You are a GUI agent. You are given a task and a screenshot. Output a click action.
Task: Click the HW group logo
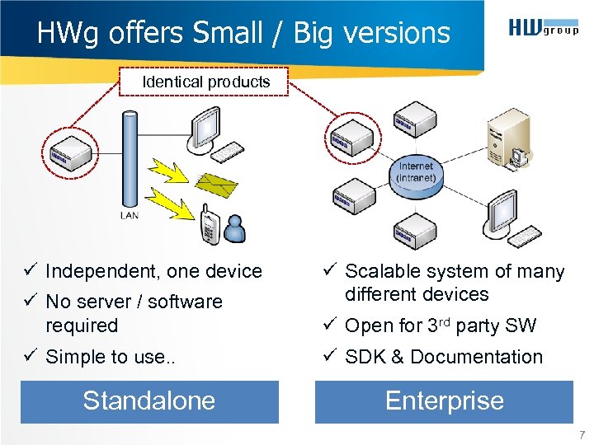coord(542,30)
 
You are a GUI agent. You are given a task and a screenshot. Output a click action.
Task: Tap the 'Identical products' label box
coord(205,82)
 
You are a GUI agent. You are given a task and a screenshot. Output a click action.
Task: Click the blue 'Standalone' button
coord(149,401)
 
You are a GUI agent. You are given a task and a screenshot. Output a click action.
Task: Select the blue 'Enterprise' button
coord(444,401)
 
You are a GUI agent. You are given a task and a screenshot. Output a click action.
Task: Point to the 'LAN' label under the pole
coord(130,216)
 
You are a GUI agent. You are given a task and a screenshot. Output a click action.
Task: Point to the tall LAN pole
coord(129,157)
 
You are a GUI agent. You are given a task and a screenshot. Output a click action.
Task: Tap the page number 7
coord(582,434)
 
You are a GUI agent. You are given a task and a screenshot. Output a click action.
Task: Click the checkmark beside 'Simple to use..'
coord(30,357)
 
